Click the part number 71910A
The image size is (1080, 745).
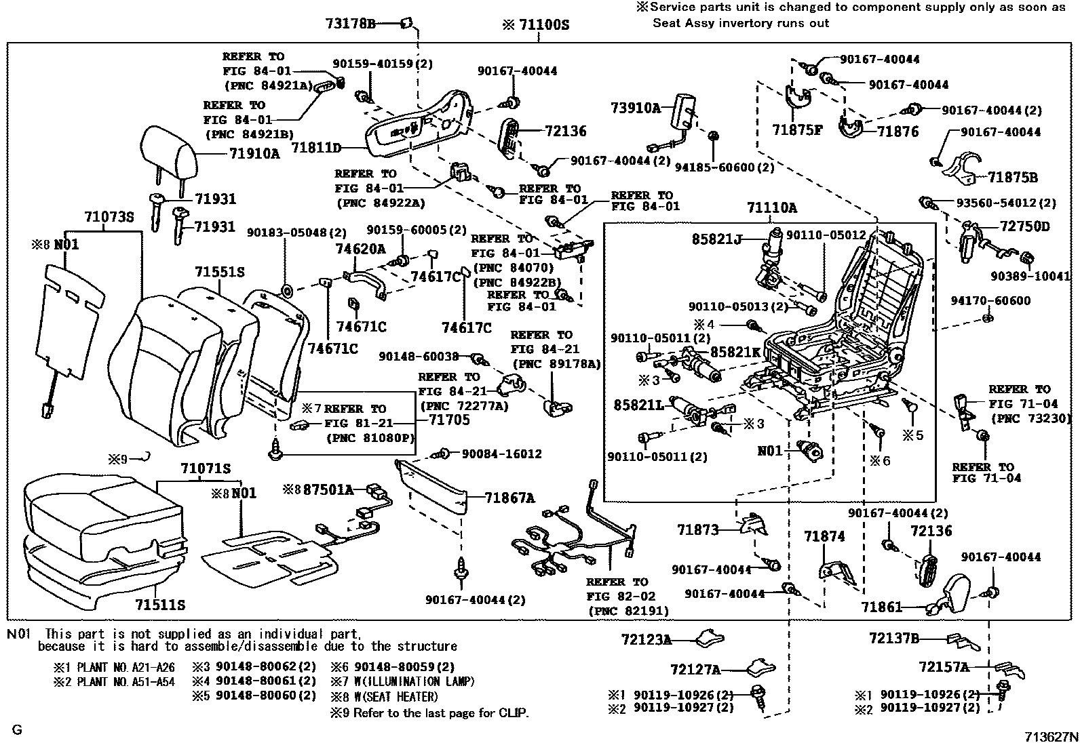pos(254,154)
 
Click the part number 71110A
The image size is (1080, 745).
pos(772,208)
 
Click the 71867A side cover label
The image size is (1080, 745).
pos(509,499)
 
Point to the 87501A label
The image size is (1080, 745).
pos(328,489)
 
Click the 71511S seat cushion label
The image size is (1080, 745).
pos(159,605)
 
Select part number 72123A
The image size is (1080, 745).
pos(646,639)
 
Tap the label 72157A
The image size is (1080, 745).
pos(944,667)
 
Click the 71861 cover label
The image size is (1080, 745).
pos(882,607)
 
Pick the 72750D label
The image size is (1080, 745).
pos(1024,226)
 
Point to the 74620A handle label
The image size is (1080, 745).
pos(360,249)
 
